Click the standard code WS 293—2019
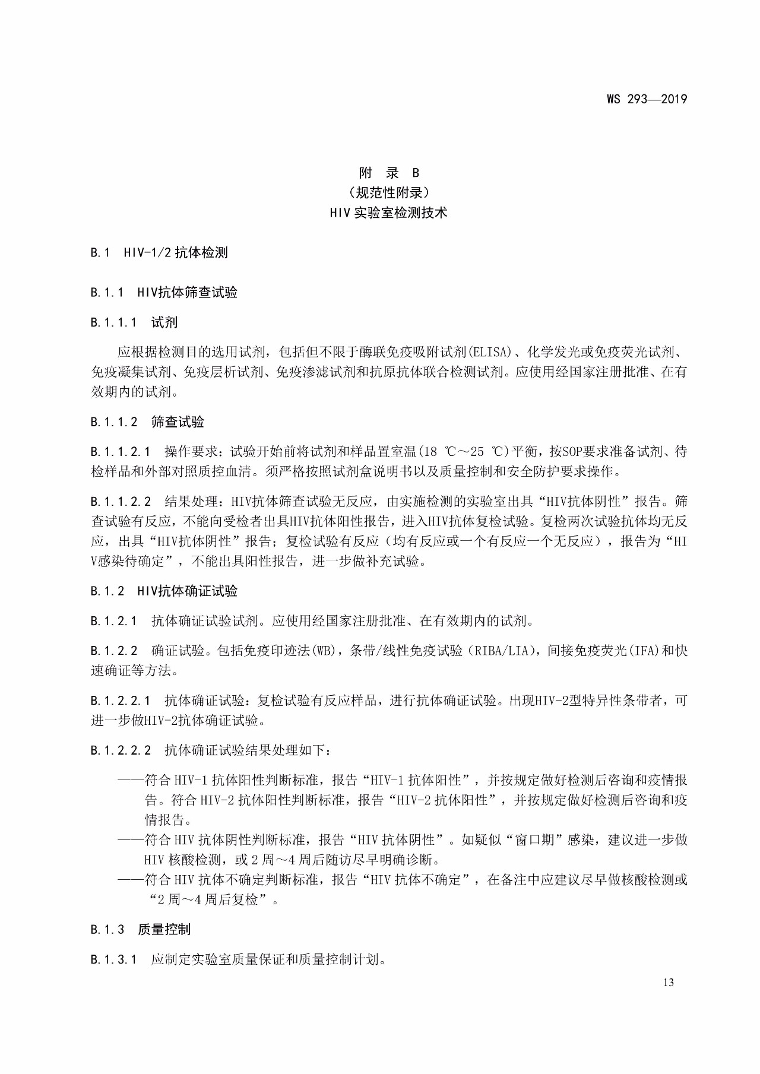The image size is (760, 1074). [x=647, y=99]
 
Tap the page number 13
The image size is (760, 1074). [x=668, y=983]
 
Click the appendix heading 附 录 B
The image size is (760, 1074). [x=389, y=173]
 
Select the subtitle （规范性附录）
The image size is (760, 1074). [x=389, y=192]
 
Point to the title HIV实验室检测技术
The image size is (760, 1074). [x=389, y=212]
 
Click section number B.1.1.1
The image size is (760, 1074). [x=113, y=322]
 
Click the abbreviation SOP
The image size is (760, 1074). [x=576, y=452]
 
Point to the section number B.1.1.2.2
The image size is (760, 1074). [x=121, y=501]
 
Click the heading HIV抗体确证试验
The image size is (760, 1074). [x=188, y=591]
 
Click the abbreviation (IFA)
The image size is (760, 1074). [x=641, y=651]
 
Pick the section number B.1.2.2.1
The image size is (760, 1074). [x=121, y=701]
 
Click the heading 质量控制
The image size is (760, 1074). [x=164, y=929]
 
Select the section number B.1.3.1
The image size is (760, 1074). [x=113, y=959]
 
